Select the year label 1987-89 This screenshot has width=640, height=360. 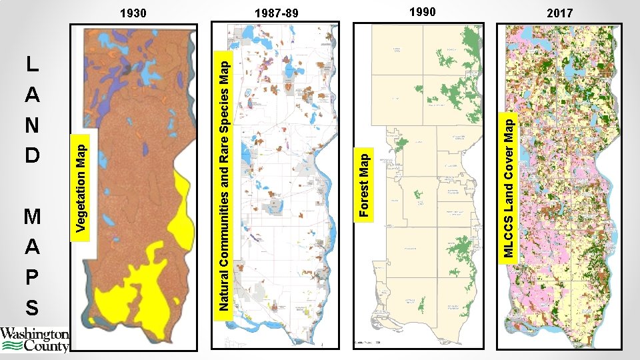coord(277,13)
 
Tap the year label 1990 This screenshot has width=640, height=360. coord(422,11)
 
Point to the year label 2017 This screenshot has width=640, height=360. coord(559,13)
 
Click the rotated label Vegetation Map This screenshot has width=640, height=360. coord(81,184)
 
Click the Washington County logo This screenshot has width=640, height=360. coord(34,339)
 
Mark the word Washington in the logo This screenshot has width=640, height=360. coord(34,334)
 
